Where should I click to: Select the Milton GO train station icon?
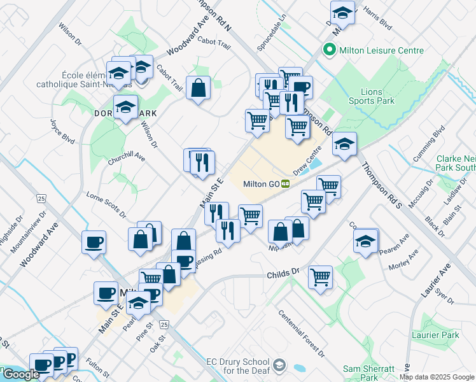coord(286,184)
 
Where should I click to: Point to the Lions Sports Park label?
coord(372,96)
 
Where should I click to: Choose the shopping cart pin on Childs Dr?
coord(321,277)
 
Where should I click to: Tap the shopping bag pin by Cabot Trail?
coord(199,88)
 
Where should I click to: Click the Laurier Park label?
coord(440,335)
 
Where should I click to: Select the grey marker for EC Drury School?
coord(281,366)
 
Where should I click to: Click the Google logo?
coord(20,374)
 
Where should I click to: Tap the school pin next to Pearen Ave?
coord(366,242)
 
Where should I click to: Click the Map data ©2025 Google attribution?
coord(437,377)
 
